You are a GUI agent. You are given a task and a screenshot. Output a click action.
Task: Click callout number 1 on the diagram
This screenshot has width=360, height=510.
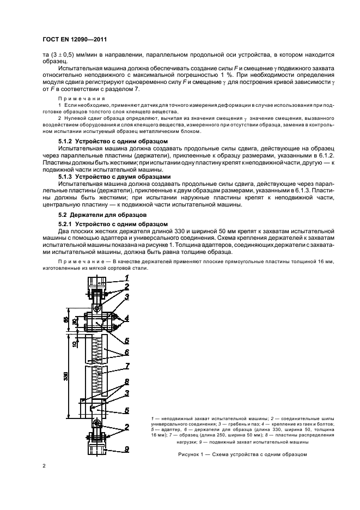[126, 277]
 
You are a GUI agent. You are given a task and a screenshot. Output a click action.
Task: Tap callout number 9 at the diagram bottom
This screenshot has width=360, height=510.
[126, 449]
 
